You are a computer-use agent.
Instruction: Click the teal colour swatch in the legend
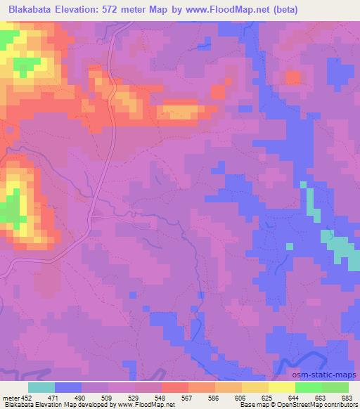click(x=41, y=387)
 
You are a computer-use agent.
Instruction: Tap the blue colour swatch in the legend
click(x=68, y=387)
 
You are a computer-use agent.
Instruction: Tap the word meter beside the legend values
click(x=10, y=397)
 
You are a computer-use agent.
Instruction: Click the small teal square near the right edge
click(x=289, y=246)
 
